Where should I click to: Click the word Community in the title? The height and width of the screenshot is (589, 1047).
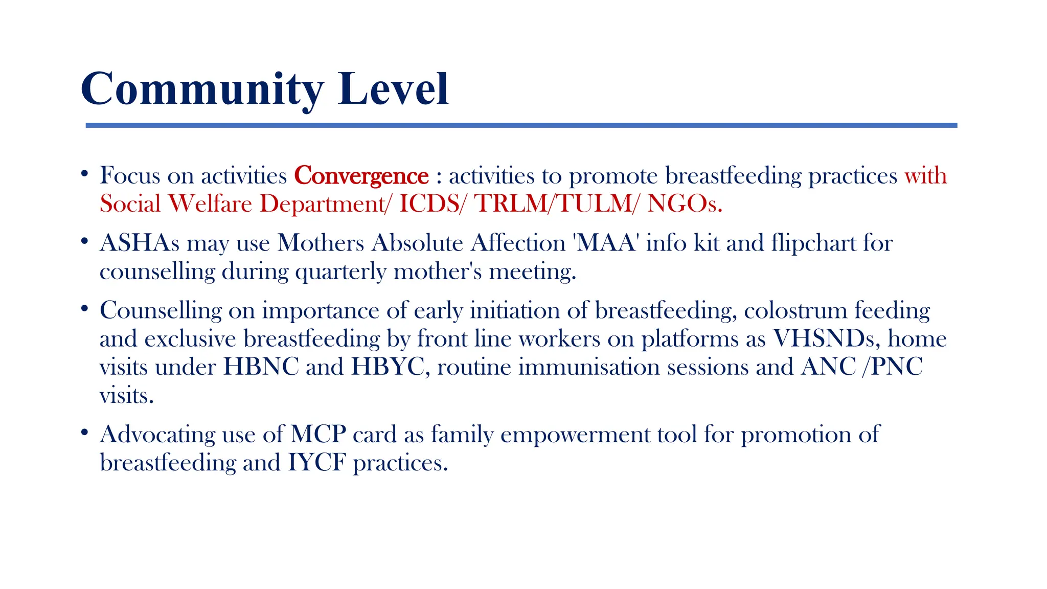pos(202,89)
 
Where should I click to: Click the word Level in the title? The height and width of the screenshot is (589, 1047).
pos(393,89)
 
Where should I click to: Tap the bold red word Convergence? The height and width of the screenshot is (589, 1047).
pos(361,176)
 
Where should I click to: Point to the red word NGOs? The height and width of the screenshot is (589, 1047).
pos(684,204)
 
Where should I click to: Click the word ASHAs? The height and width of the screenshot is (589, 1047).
pos(140,243)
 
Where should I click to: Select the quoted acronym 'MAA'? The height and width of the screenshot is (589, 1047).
pos(606,243)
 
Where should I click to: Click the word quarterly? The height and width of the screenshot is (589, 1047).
pos(340,272)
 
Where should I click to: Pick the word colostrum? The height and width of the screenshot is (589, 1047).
pos(795,311)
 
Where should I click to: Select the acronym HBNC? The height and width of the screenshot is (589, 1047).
pos(261,367)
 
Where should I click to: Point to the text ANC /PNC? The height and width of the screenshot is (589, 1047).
pos(861,367)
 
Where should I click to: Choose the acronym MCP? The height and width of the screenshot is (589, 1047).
pos(318,435)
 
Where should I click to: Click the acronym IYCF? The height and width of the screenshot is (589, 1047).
pos(317,463)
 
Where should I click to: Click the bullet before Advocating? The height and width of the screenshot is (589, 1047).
pos(85,433)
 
